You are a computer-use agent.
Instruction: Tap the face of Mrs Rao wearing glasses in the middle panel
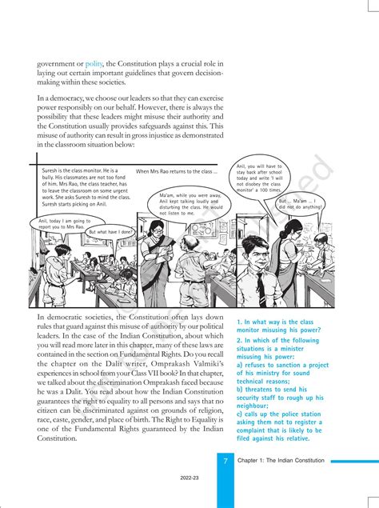click(x=201, y=241)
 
